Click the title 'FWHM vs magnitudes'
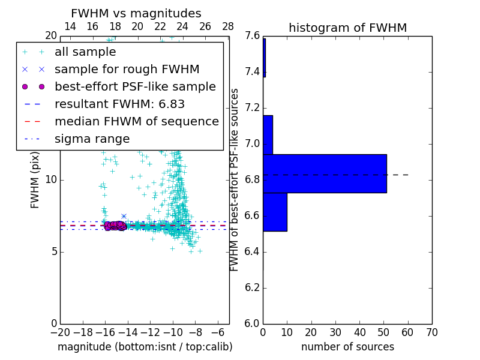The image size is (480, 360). pos(136,13)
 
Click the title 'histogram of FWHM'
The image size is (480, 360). pos(347,28)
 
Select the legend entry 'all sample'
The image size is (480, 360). pos(85,52)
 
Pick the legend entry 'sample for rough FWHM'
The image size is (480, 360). pos(127,69)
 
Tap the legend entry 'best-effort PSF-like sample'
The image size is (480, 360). pos(135,86)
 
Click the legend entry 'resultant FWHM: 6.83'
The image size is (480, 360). pos(119,104)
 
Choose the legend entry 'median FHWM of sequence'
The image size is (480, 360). pos(136,121)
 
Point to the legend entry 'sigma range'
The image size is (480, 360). pos(92,139)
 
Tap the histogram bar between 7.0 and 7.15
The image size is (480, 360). pos(268,134)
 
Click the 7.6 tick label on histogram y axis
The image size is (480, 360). pos(252,36)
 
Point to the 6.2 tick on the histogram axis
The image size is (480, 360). pos(252,287)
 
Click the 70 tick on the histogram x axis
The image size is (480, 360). pos(431,332)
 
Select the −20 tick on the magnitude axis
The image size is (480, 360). pos(60,332)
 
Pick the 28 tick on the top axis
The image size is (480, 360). pos(228,26)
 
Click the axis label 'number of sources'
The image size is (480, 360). pos(347,347)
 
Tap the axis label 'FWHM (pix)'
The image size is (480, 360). pos(35,180)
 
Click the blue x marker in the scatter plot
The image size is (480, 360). pos(124,216)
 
